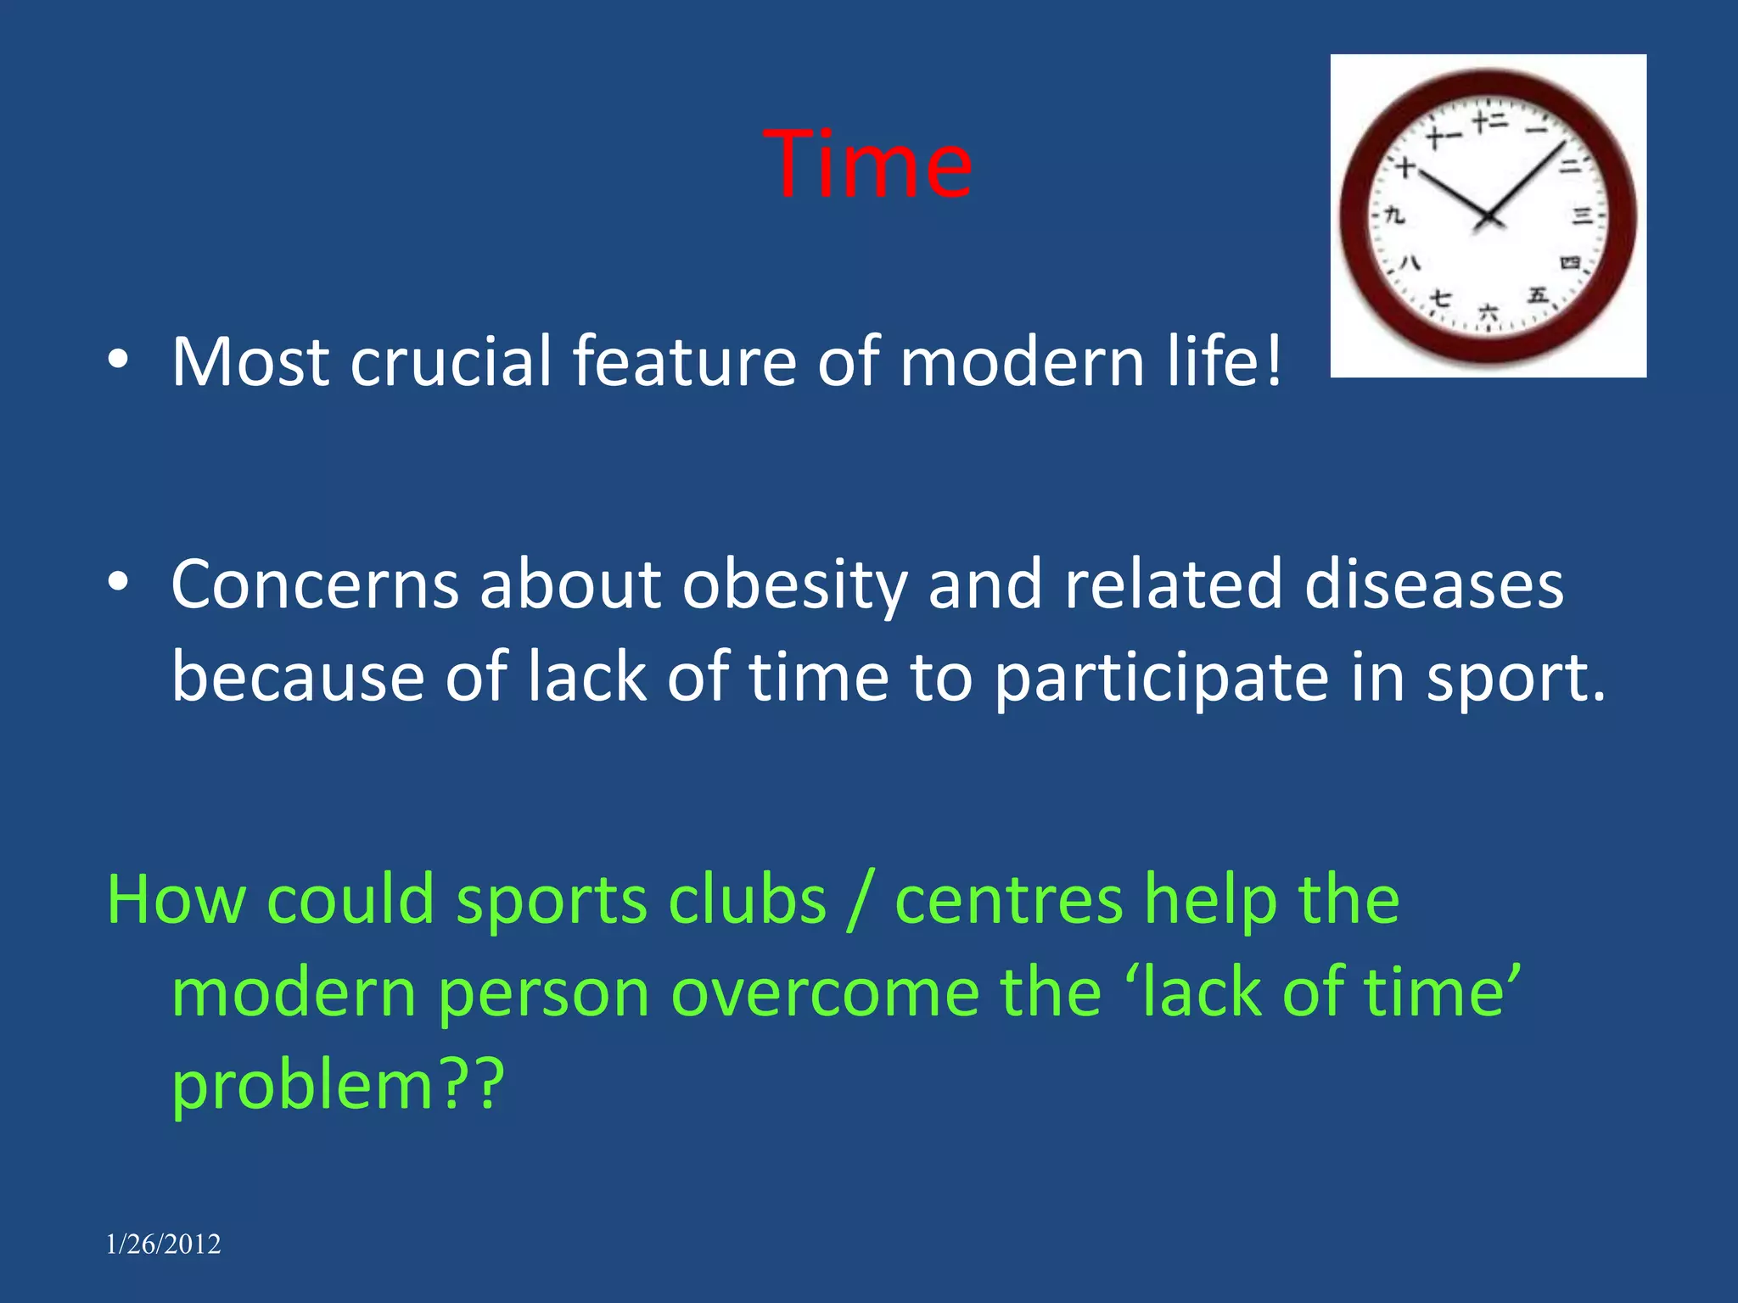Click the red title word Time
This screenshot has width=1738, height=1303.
[867, 165]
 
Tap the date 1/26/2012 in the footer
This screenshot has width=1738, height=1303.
[163, 1244]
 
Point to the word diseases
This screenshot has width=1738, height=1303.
[1433, 585]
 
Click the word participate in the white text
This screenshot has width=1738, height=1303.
[1161, 679]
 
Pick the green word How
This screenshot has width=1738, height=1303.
[176, 899]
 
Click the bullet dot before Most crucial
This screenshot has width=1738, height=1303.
[118, 361]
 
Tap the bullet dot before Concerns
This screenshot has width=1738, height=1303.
[118, 582]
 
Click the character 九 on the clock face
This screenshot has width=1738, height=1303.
[1394, 215]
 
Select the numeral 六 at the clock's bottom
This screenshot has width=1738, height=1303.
[1489, 312]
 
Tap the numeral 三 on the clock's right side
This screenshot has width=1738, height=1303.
[1581, 215]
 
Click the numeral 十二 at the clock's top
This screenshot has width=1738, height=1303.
[1489, 122]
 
